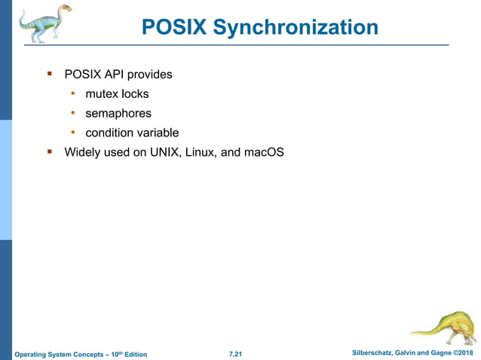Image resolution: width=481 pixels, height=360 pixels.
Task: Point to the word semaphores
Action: [x=118, y=114]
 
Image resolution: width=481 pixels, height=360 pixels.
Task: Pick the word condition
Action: [x=110, y=133]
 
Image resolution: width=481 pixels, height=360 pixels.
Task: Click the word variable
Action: [x=158, y=133]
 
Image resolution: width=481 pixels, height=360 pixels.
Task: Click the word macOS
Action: [x=263, y=152]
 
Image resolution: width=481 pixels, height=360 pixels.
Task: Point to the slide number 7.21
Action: [x=235, y=354]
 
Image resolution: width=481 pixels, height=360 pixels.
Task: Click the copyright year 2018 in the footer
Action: [x=464, y=353]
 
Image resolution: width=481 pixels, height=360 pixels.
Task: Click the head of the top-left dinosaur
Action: [x=65, y=9]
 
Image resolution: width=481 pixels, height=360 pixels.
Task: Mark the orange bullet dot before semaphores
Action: [x=73, y=113]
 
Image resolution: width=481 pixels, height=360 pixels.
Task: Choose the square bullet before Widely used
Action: [x=50, y=151]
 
